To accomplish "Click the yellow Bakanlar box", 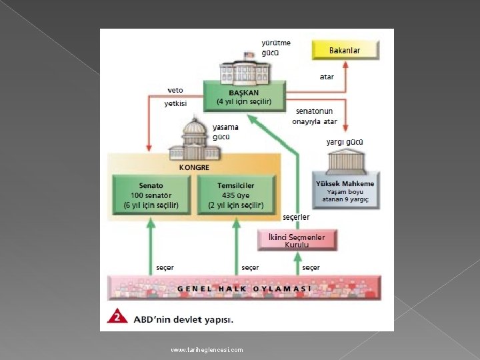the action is point(345,50).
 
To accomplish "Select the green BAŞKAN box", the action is point(244,97).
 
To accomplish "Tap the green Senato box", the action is point(151,195).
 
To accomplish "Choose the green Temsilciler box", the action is point(236,195).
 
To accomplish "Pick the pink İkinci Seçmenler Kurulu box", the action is point(297,240).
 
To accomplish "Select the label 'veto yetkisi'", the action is point(175,96).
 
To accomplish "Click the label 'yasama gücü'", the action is point(221,131).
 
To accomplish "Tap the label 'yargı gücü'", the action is point(345,142).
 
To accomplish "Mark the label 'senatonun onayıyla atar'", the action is point(314,116).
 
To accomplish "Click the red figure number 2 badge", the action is point(117,317).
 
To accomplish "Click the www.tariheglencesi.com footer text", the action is point(207,350).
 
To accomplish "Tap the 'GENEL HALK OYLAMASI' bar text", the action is point(244,289).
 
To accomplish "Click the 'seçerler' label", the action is point(296,217).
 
